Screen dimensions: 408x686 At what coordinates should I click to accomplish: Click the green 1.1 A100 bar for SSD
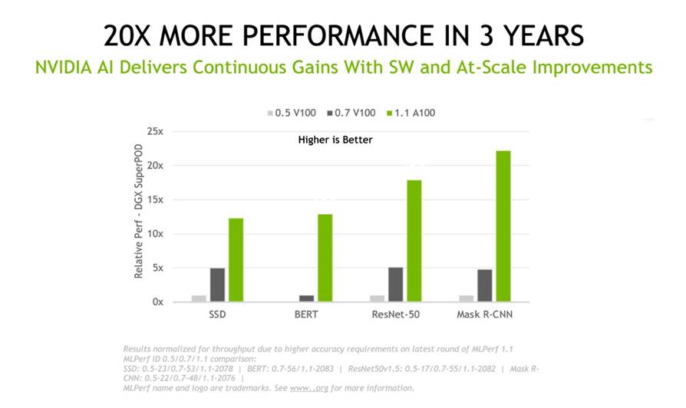236,260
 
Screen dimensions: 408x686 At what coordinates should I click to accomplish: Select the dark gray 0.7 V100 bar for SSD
217,285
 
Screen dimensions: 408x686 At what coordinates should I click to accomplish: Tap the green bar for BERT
325,258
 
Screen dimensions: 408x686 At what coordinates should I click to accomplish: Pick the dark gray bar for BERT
307,298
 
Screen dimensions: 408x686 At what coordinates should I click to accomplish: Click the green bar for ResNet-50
414,241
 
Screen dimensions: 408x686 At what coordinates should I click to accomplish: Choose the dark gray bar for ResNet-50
396,285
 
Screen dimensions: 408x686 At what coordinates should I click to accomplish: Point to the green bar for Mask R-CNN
503,226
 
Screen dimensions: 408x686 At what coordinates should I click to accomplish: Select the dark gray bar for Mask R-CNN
484,285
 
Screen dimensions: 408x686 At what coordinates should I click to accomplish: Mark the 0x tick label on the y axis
157,302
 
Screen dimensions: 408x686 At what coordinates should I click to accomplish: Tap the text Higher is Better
335,140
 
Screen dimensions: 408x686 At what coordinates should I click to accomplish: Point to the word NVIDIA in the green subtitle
62,67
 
